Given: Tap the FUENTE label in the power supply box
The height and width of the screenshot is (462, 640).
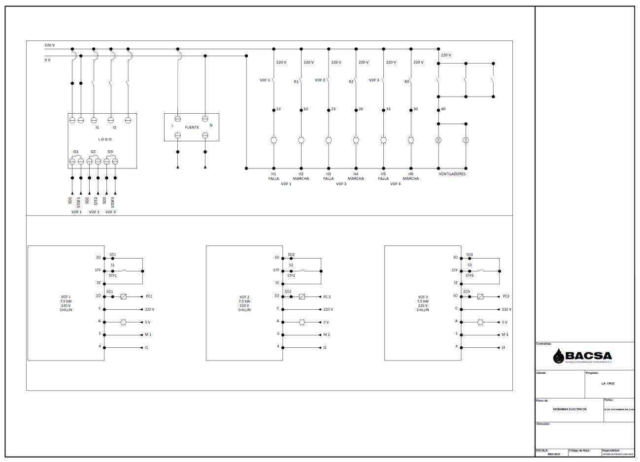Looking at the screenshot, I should tap(192, 127).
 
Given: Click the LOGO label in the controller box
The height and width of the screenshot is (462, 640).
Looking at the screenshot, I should tap(105, 139).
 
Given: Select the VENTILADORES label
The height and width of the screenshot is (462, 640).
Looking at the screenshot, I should tap(452, 174).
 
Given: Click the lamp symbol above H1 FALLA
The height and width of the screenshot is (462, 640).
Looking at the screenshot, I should tap(273, 140).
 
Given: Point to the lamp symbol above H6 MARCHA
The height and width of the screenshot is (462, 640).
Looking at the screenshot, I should tap(411, 140).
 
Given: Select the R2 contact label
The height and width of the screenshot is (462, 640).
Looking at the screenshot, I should tap(351, 82).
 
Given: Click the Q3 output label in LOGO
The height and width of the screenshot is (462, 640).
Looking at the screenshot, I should tap(110, 152).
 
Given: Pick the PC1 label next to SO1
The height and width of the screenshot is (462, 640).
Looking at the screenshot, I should tap(150, 297).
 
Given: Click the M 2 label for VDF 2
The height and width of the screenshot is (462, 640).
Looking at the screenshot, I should tap(326, 335).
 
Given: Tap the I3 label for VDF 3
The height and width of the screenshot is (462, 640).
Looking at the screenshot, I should tap(503, 347).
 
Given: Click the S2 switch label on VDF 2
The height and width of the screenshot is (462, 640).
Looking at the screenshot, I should tap(291, 265).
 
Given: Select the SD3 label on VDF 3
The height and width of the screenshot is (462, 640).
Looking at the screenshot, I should tap(470, 255).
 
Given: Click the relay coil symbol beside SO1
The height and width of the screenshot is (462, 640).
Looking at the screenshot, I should tap(124, 297).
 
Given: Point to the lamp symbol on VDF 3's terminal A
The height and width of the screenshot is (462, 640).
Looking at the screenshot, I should tap(480, 322).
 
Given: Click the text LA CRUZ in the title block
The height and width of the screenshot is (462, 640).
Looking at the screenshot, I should tap(607, 383).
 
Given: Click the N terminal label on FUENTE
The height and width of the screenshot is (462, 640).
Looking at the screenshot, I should tap(211, 126).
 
